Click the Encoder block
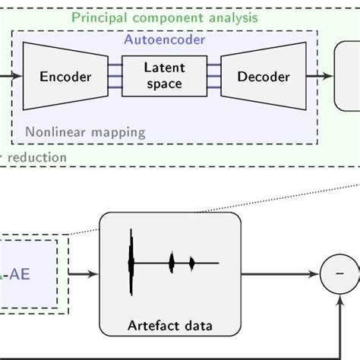[x=65, y=77]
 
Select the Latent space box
[x=164, y=75]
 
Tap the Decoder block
[x=263, y=77]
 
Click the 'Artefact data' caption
[x=170, y=327]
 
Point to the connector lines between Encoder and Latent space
[x=115, y=76]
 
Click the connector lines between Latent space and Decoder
[x=213, y=76]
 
